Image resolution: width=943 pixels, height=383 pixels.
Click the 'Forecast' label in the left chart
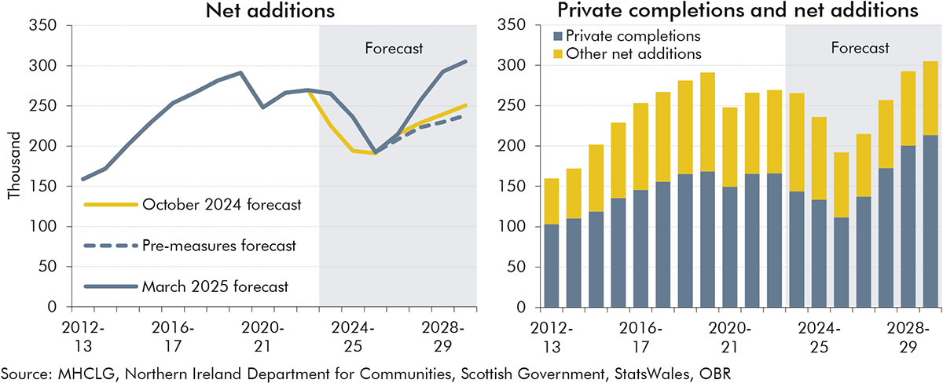click(394, 49)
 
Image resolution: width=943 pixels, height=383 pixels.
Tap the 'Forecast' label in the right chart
click(860, 48)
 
